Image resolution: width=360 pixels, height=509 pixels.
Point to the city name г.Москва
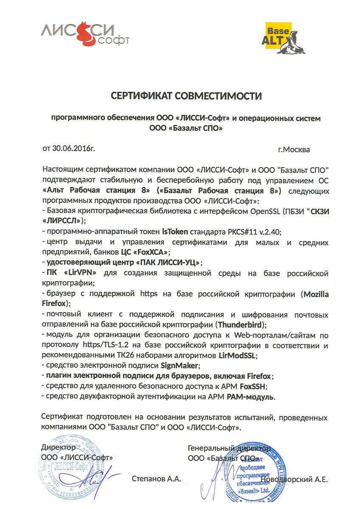(294, 149)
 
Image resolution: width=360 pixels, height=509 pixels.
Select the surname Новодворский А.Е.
(295, 480)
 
